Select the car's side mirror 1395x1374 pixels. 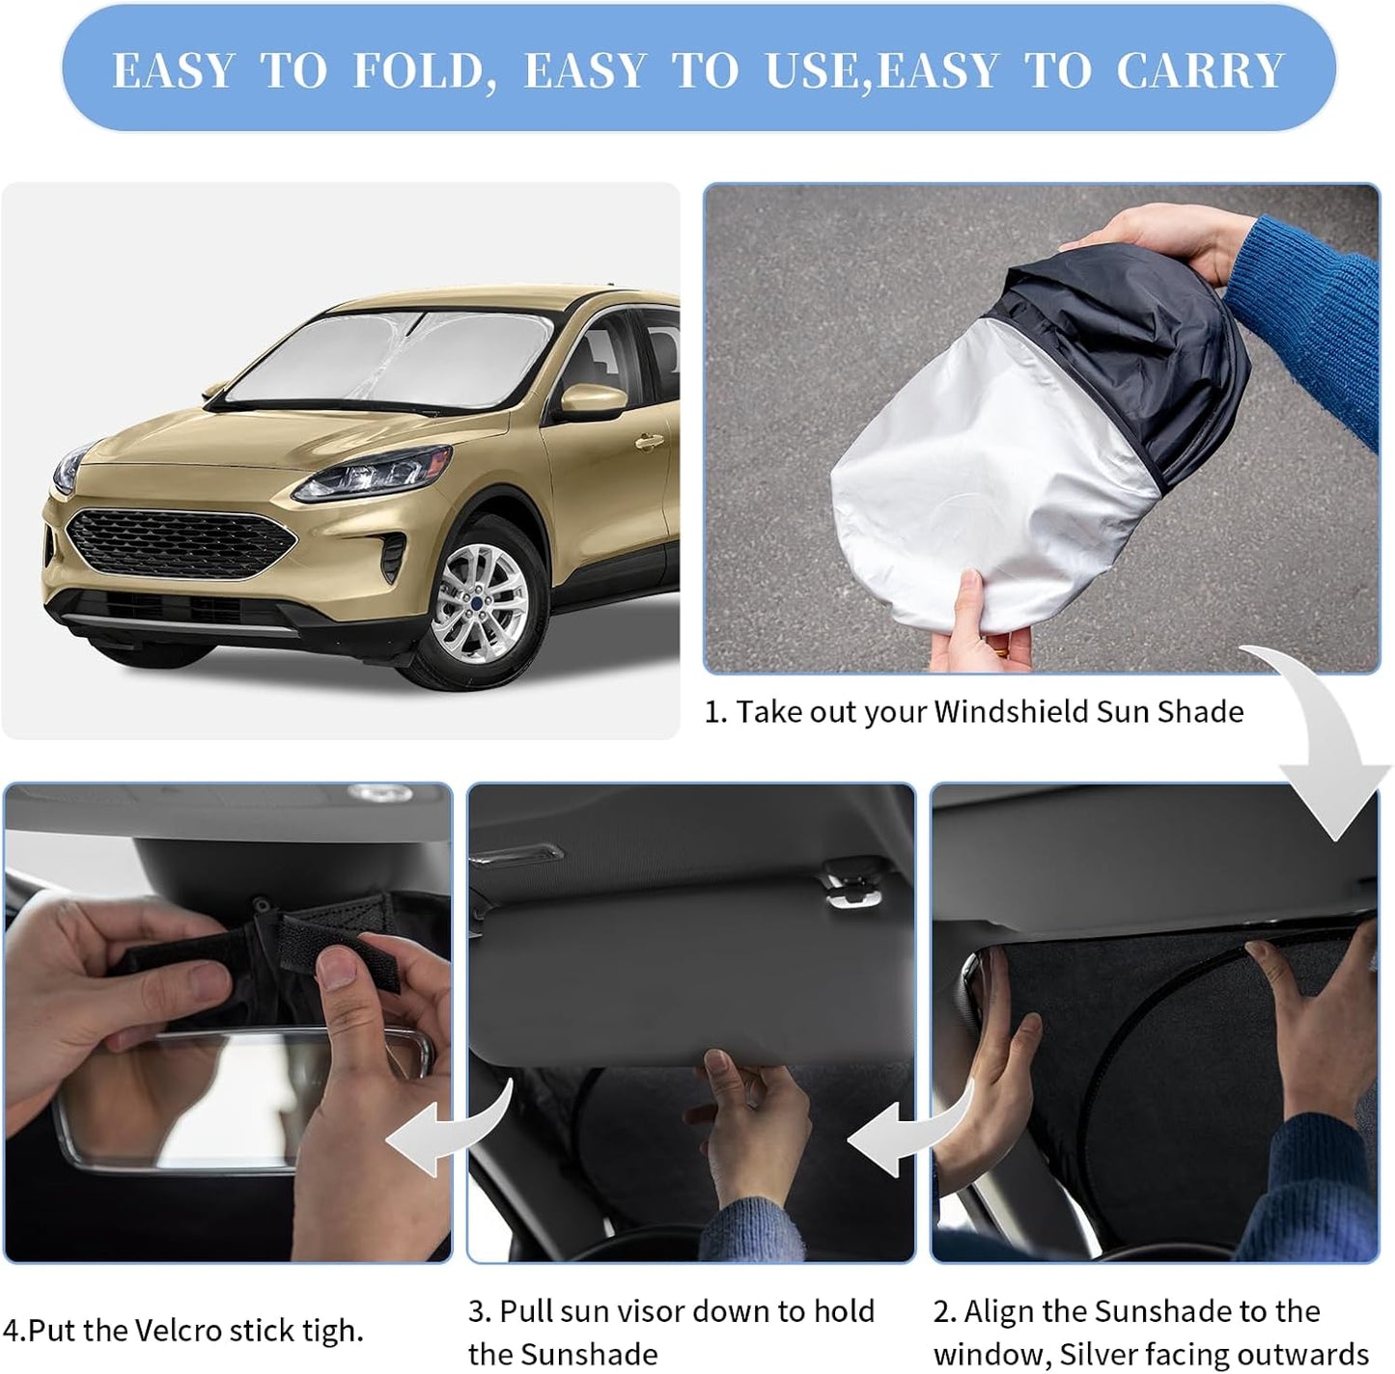(x=593, y=399)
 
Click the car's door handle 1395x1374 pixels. (x=649, y=443)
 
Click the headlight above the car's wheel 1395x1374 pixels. (x=372, y=475)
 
